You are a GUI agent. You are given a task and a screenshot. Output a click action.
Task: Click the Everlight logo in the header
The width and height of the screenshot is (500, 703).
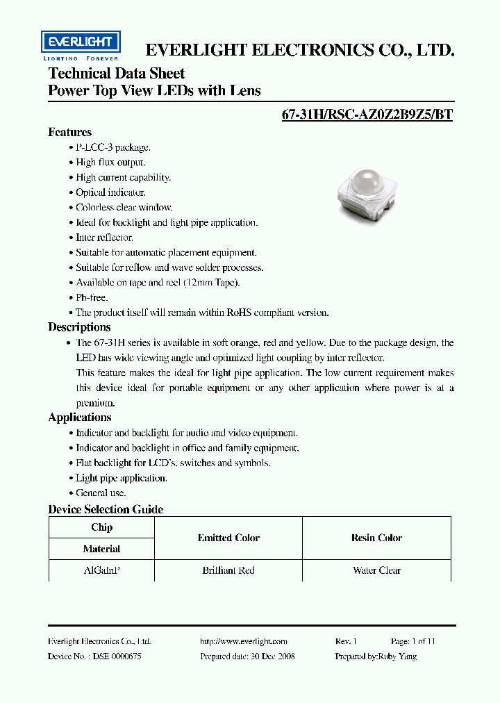click(81, 46)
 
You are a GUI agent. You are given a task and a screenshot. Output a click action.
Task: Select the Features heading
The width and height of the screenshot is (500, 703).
click(69, 132)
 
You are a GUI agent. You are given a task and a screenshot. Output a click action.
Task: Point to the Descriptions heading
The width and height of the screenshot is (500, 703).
click(79, 327)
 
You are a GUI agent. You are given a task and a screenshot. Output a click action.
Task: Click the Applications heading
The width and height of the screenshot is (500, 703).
click(80, 417)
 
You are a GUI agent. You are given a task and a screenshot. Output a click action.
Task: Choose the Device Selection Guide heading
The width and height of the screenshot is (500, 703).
click(106, 509)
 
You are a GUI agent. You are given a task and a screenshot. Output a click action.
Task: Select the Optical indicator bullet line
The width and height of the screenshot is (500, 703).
click(110, 192)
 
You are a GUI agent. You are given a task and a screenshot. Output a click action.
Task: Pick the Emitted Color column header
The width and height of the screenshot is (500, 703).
click(228, 538)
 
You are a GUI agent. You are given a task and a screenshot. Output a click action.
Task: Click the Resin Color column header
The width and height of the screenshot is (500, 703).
click(376, 538)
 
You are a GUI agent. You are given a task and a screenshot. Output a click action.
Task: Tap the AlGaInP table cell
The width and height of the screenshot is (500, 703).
click(101, 570)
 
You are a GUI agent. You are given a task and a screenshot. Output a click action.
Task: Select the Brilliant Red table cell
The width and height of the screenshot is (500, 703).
click(228, 570)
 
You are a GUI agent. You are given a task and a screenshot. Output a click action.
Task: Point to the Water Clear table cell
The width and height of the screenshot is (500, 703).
click(376, 570)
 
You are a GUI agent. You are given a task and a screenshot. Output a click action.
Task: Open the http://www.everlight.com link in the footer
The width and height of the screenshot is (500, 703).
click(243, 641)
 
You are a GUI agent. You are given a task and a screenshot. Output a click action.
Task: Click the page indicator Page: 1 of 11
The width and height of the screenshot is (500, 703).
click(413, 641)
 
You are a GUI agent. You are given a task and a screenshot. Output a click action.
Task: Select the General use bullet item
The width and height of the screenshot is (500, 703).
click(101, 493)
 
